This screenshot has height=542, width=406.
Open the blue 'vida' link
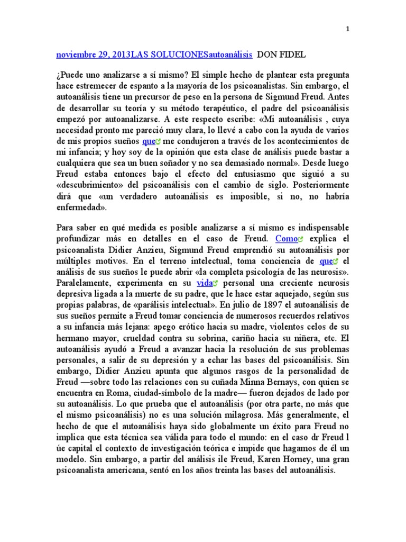pos(204,283)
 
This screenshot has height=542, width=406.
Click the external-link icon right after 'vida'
pos(216,284)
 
